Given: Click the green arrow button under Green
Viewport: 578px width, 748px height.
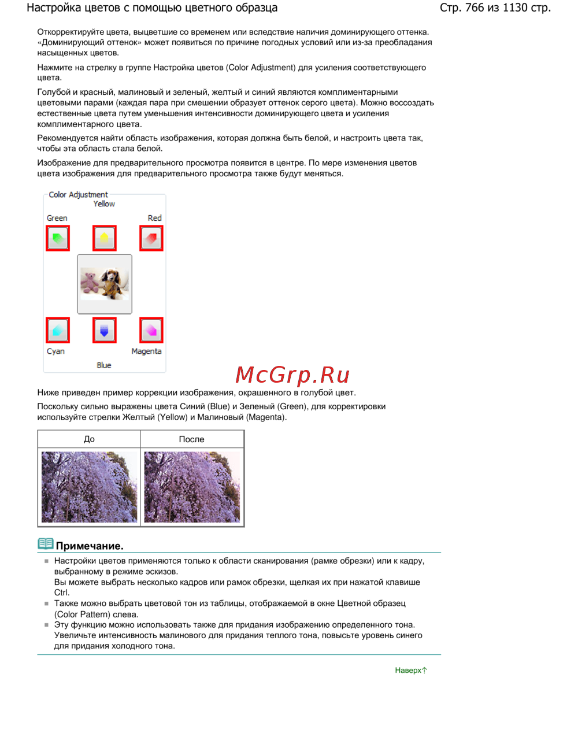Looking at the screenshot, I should tap(58, 238).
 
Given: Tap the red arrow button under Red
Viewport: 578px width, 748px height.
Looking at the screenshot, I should tap(151, 238).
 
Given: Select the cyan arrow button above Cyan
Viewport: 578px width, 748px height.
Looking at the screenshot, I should tap(58, 330).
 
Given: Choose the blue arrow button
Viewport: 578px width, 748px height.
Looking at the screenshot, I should tap(105, 330).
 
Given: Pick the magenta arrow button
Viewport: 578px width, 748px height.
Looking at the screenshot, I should tap(151, 330).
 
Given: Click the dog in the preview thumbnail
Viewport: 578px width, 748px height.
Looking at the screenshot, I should tap(113, 283).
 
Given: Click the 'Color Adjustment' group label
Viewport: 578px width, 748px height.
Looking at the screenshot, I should tap(78, 195).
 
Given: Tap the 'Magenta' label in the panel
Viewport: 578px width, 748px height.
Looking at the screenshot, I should tap(146, 351).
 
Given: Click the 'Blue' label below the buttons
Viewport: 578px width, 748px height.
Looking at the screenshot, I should tap(104, 365).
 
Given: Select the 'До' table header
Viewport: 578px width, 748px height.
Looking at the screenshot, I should tap(89, 439).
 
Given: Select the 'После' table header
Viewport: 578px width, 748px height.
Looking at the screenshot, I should tap(191, 439).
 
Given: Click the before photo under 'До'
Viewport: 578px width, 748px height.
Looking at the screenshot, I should tap(89, 487).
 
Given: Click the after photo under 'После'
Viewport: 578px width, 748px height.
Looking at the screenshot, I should tap(192, 487).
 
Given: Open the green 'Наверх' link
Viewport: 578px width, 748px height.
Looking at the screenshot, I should tap(410, 671).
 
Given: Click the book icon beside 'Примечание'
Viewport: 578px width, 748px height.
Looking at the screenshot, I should tap(45, 544).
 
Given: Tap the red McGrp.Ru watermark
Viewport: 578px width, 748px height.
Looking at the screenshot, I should tap(292, 375).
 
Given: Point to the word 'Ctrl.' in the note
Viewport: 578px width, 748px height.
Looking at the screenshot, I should tap(62, 593).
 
